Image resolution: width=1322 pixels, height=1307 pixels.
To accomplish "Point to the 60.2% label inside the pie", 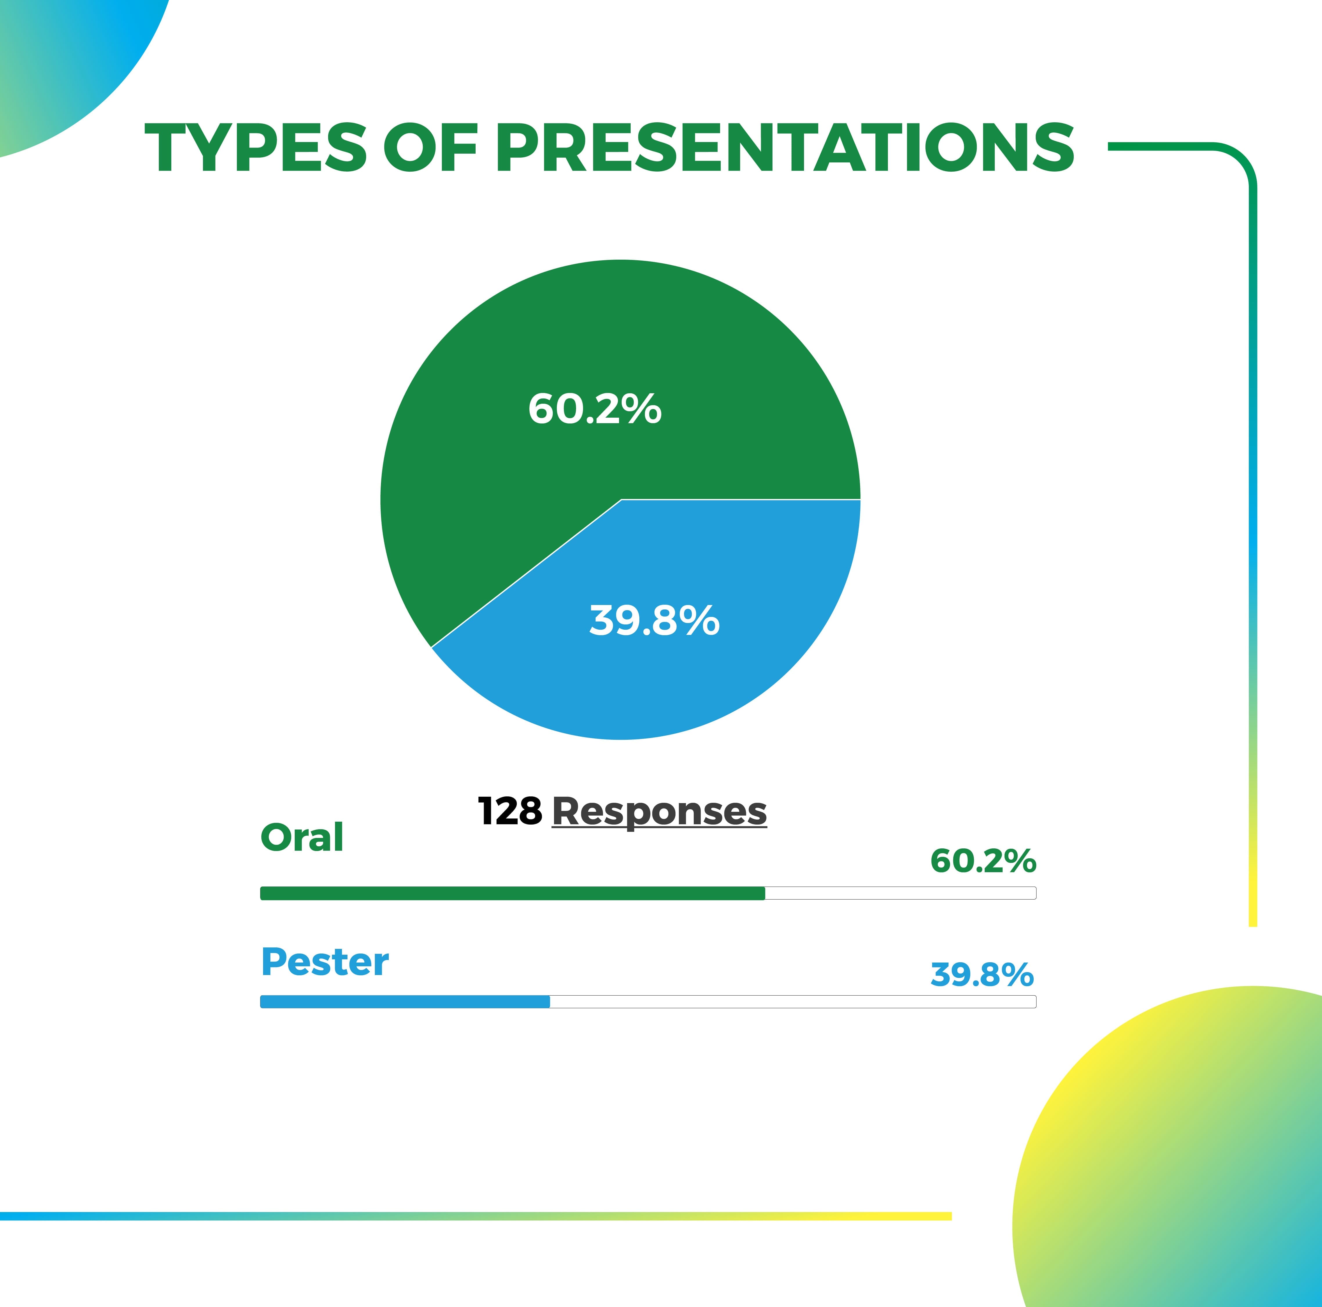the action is [x=595, y=409].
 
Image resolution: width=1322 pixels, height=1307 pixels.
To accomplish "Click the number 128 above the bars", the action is [x=510, y=812].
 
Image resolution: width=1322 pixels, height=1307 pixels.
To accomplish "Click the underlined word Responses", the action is [x=659, y=813].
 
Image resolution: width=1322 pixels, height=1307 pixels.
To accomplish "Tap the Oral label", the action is [x=302, y=838].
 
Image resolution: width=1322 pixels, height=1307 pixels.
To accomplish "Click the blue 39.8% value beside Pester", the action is [x=982, y=974].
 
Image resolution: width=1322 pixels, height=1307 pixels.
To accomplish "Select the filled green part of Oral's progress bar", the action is [x=512, y=893].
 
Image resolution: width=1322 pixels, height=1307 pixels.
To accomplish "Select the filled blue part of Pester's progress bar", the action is [x=405, y=1002].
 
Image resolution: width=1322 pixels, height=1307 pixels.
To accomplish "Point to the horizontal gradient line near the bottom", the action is [x=476, y=1216].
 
